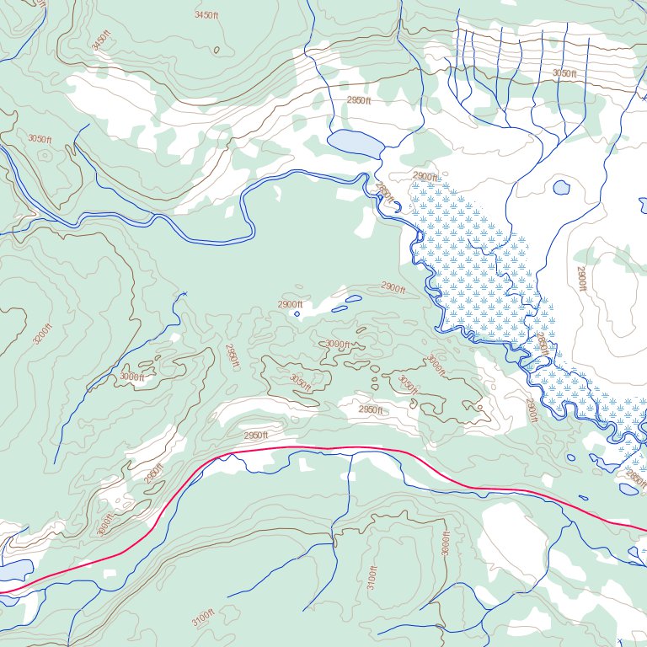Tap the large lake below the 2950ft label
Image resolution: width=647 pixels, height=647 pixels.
(x=355, y=144)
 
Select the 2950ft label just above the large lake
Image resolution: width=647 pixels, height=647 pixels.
(x=359, y=100)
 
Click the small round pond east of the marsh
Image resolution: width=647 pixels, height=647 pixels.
(x=561, y=188)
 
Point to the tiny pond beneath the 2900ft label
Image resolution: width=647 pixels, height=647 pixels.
(x=297, y=314)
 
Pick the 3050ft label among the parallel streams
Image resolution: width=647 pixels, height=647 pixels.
(x=564, y=74)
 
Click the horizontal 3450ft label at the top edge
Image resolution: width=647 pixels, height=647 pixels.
(x=206, y=15)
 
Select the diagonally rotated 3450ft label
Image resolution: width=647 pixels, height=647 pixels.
(x=101, y=41)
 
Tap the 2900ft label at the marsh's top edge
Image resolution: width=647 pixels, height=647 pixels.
(x=425, y=176)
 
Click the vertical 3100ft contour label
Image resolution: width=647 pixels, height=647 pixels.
(x=373, y=577)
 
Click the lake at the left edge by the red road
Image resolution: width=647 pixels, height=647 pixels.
(x=14, y=571)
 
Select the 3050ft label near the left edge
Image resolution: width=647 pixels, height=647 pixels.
(x=40, y=139)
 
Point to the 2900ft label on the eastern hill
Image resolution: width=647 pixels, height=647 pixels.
(x=581, y=279)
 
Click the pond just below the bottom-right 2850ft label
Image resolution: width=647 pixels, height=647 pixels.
(x=628, y=489)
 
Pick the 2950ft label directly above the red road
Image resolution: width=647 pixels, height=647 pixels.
(x=255, y=436)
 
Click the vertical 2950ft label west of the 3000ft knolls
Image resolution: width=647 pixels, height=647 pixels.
(x=233, y=357)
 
